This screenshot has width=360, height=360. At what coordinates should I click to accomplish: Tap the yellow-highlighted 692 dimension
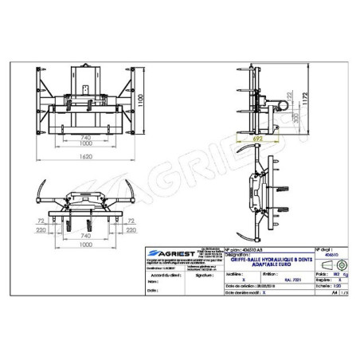[256, 138]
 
